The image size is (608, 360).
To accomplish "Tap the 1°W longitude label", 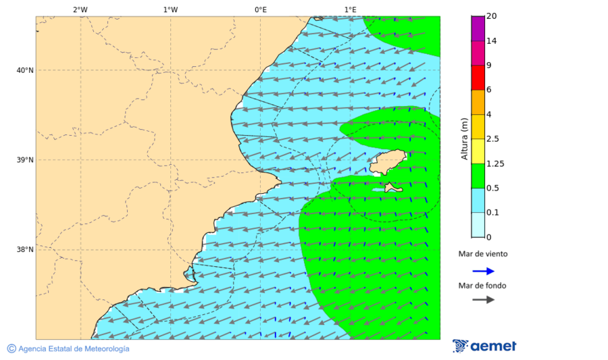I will [170, 9].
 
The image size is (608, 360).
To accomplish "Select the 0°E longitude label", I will [260, 9].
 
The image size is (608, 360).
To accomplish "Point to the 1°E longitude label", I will [350, 9].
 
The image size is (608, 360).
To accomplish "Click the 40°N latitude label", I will [24, 70].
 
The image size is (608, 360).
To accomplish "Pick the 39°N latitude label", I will [24, 160].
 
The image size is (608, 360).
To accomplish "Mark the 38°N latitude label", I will [24, 250].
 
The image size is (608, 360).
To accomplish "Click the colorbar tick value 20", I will [492, 16].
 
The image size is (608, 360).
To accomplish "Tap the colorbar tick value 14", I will [492, 41].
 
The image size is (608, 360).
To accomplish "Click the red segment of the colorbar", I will [478, 78].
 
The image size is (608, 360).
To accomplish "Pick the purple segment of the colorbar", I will [478, 28].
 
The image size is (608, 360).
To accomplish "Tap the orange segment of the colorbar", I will [478, 102].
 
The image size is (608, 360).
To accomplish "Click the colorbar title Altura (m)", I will [464, 138].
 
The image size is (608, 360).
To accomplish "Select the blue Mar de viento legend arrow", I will [483, 271].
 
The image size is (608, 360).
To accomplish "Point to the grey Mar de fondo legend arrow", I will [483, 300].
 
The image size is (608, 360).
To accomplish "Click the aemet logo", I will [484, 346].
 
